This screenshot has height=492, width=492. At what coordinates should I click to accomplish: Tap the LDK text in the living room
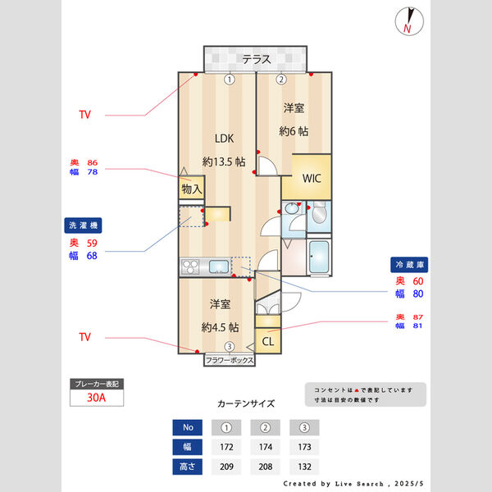pos(225,138)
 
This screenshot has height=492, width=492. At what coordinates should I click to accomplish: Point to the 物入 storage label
pos(191,189)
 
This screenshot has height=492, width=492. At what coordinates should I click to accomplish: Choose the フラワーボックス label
pos(230,360)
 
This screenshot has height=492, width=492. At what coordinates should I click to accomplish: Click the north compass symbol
pos(406,20)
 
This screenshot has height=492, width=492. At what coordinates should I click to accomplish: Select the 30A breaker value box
pos(97,399)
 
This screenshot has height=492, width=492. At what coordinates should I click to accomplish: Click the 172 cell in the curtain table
pos(228,448)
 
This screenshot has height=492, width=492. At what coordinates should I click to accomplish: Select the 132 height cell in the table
pos(304,467)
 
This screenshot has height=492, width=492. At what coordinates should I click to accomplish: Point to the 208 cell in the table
pos(266,467)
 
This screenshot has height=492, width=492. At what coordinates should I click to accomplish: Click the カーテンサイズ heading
pos(246,403)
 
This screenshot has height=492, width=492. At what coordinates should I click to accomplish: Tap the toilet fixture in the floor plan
pos(319,215)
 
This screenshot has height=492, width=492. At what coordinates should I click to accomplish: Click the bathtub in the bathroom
pos(320,258)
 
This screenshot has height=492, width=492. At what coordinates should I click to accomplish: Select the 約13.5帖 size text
pos(224,162)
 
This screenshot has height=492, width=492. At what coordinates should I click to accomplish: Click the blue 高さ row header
pos(188,467)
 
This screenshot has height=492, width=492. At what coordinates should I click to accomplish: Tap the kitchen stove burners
pos(189,267)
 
